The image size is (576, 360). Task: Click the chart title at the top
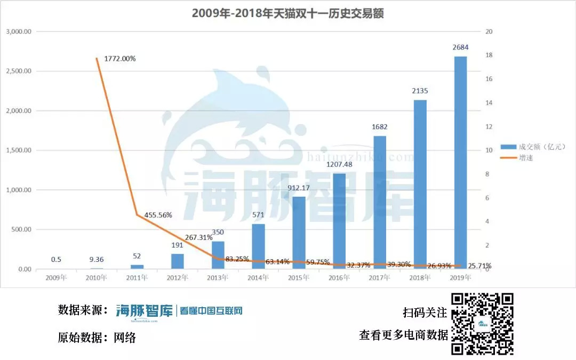[x=288, y=13]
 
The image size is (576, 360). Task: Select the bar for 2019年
[x=460, y=163]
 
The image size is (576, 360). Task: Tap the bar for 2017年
[x=380, y=203]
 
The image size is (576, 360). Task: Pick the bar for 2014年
[x=258, y=246]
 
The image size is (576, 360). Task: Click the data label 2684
[x=461, y=48]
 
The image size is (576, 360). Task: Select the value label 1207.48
[x=339, y=165]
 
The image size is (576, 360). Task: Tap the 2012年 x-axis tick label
[x=178, y=278]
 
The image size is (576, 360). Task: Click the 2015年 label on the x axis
[x=299, y=278]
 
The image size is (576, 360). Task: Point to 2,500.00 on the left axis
[x=19, y=71]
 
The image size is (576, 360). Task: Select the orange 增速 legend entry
[x=525, y=157]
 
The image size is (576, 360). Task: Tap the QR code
[x=482, y=324]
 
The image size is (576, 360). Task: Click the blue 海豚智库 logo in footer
[x=145, y=311]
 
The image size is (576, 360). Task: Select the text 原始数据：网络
[x=97, y=338]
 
